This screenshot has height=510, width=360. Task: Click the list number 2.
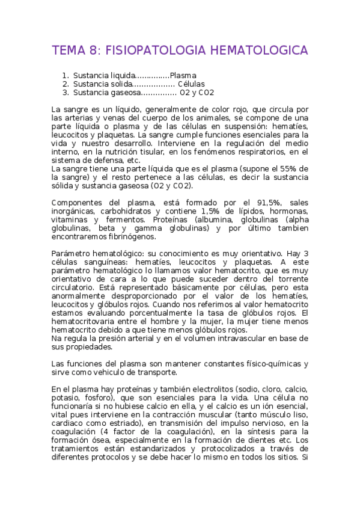(x=66, y=84)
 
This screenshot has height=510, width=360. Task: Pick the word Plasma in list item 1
(x=183, y=76)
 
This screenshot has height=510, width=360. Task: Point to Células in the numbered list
(x=191, y=84)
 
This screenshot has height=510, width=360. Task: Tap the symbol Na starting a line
(x=56, y=338)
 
